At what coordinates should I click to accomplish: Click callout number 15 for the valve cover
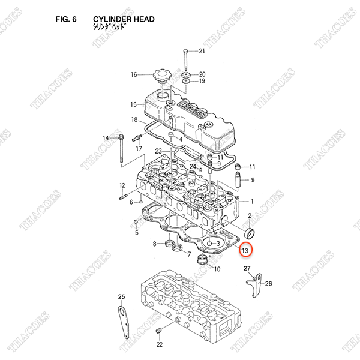click(134, 104)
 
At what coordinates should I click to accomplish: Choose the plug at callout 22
click(160, 331)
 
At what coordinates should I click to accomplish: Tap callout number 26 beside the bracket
click(269, 284)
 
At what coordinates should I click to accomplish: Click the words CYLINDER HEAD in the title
click(124, 19)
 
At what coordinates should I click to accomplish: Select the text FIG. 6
click(66, 19)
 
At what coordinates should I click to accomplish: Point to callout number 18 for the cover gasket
click(134, 119)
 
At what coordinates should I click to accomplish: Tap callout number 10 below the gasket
click(217, 269)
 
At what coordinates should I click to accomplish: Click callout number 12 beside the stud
click(122, 185)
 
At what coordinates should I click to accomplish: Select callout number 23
click(158, 151)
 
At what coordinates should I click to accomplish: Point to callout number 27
click(247, 274)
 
